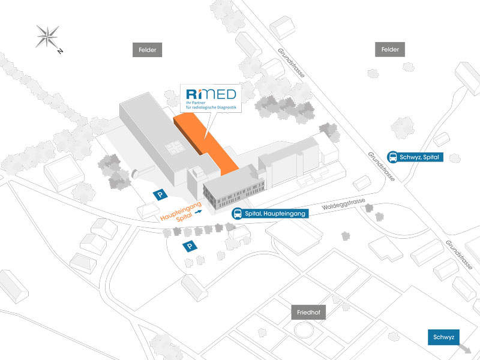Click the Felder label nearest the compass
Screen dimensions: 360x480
pos(146,50)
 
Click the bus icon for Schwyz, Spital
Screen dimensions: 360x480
pos(393,157)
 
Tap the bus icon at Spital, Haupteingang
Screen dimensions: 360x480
pos(238,214)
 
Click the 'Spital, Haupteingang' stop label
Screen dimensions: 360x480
pos(277,214)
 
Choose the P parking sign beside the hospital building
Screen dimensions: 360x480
pos(160,194)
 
